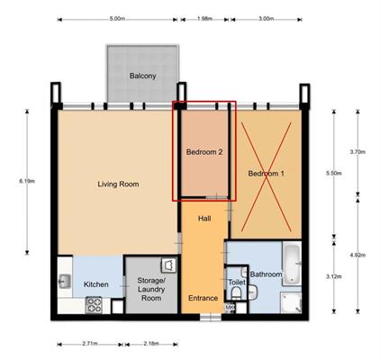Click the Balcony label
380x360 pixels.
(x=143, y=76)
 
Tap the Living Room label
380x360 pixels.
(x=118, y=184)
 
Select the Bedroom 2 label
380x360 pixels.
(x=204, y=152)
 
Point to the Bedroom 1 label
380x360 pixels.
(x=266, y=174)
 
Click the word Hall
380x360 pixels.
(x=204, y=219)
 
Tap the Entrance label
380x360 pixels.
(x=203, y=298)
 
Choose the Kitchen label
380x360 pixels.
(x=96, y=284)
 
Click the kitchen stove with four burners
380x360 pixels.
(x=95, y=305)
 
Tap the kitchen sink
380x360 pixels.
(x=65, y=282)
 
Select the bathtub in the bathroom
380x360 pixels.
(x=293, y=265)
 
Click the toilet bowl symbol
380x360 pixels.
(x=236, y=293)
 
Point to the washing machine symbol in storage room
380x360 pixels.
(x=168, y=265)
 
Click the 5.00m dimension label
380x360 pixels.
(x=117, y=19)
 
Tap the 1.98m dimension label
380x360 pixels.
(x=205, y=19)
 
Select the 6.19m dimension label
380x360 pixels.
(x=27, y=181)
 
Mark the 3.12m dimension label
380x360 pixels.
(x=334, y=276)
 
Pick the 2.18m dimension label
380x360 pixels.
(x=151, y=344)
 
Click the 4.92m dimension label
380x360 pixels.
(x=357, y=256)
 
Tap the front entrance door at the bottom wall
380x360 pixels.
(x=211, y=317)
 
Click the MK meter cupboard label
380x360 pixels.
(x=230, y=308)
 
